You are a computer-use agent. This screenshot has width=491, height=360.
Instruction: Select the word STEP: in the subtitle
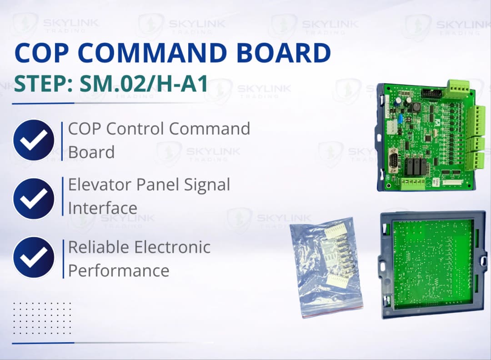coord(40,84)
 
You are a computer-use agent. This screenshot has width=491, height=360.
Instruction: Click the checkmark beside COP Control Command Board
coord(34,140)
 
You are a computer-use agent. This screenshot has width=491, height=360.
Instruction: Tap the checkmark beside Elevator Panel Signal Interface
coord(34,199)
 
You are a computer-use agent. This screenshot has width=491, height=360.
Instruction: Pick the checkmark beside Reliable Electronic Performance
coord(34,257)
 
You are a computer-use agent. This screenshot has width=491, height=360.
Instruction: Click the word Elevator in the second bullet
coord(98,185)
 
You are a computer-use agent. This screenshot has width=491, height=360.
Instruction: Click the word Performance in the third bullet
coord(119,270)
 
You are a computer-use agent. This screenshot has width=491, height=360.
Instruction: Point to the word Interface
coord(102,208)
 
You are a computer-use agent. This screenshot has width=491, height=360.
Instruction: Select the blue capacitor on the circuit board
coord(401,119)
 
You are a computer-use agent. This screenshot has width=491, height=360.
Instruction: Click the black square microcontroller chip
coord(430,139)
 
